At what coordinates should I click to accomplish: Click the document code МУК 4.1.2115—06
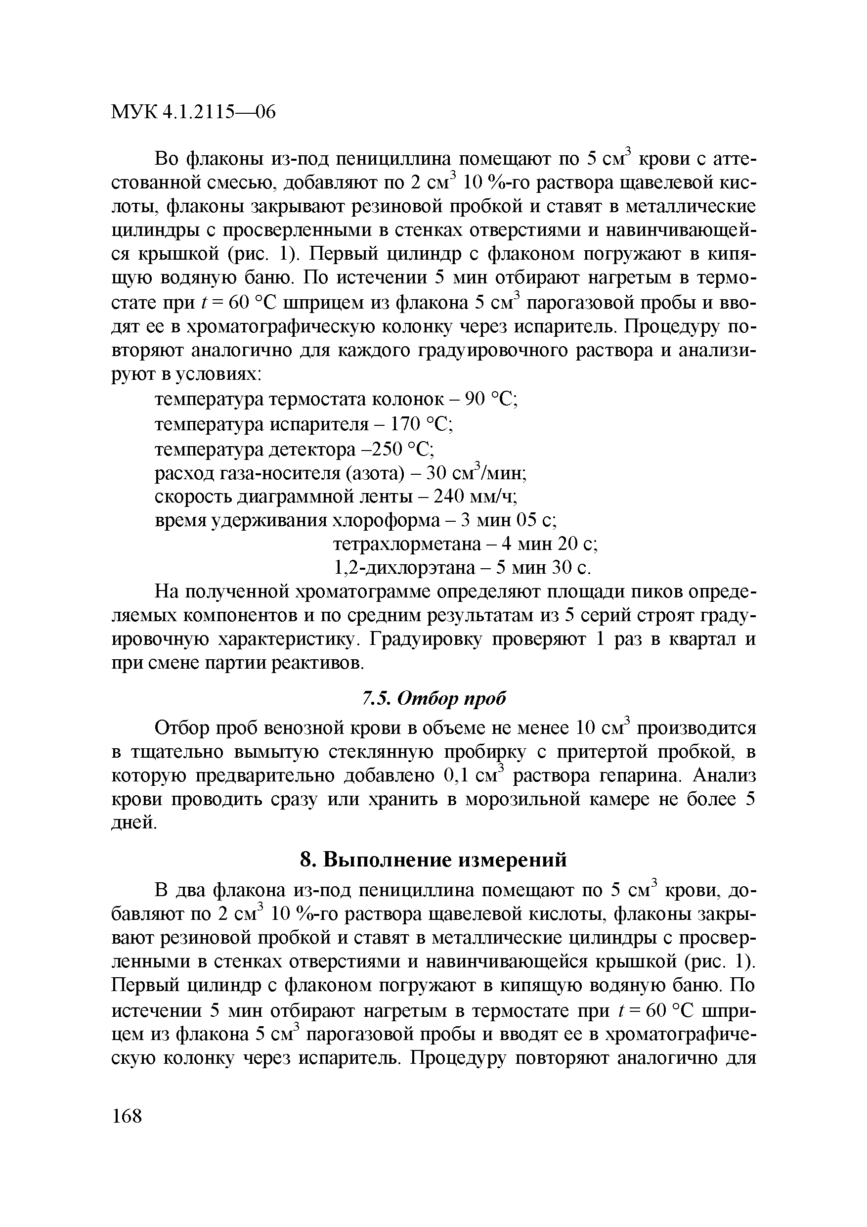tap(193, 112)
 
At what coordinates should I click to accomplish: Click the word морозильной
tap(521, 800)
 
